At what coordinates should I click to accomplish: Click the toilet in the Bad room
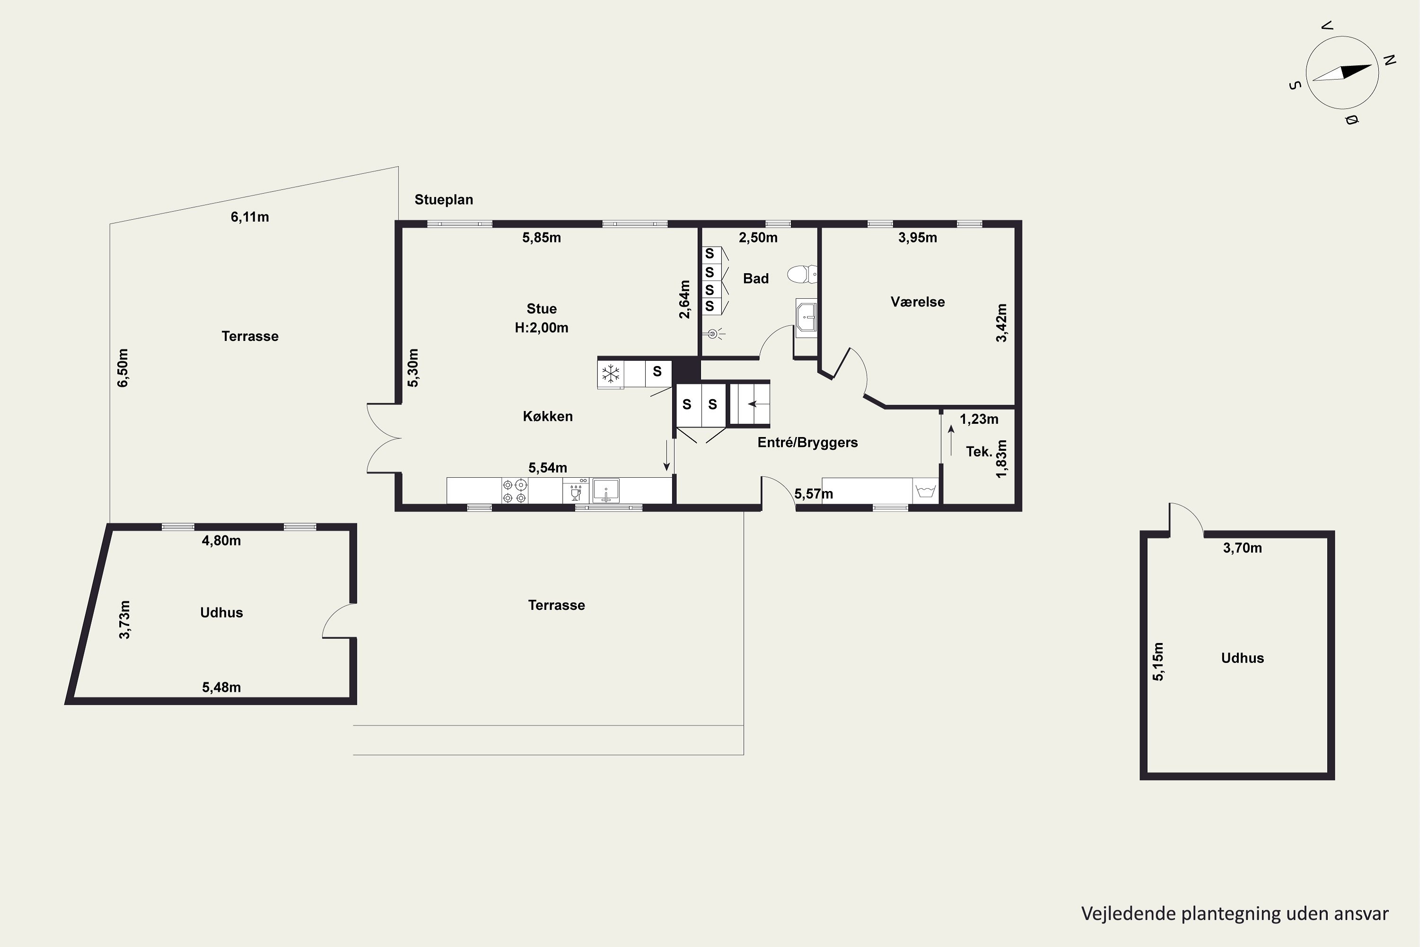[x=802, y=274]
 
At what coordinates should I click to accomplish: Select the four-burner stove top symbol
[x=515, y=491]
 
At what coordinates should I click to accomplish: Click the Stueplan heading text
[x=444, y=200]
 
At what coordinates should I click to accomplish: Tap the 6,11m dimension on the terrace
[x=250, y=217]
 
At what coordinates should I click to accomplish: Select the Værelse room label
[x=918, y=302]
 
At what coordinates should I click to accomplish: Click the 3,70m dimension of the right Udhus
[x=1242, y=548]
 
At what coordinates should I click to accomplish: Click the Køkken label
[x=548, y=416]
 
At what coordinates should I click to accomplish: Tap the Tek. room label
[x=979, y=451]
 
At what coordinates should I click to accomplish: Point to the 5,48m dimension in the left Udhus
[x=222, y=688]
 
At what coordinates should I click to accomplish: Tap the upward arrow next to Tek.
[x=951, y=440]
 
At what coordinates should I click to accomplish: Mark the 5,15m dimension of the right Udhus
[x=1157, y=662]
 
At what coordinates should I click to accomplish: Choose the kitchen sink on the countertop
[x=605, y=491]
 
